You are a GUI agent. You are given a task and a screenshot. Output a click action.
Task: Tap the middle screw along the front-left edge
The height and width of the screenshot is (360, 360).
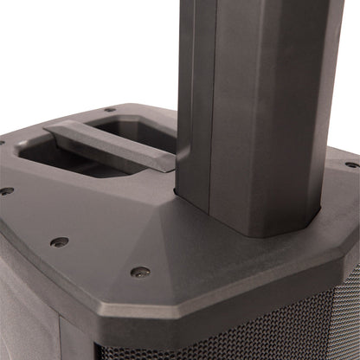point(59,241)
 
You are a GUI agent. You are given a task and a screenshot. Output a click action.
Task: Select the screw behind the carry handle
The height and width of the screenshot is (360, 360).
point(110,110)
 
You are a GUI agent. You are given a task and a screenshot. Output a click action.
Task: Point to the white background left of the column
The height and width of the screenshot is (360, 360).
point(87,52)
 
